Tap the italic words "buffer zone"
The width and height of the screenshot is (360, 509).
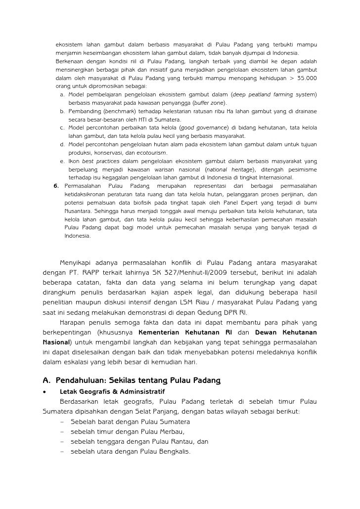coord(209,103)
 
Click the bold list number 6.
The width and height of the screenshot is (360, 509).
coord(55,186)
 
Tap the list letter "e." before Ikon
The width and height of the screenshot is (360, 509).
coord(62,161)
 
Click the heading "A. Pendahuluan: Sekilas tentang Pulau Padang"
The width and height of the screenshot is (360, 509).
coord(132,381)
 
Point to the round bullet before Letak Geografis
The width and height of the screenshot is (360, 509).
coord(45,391)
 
